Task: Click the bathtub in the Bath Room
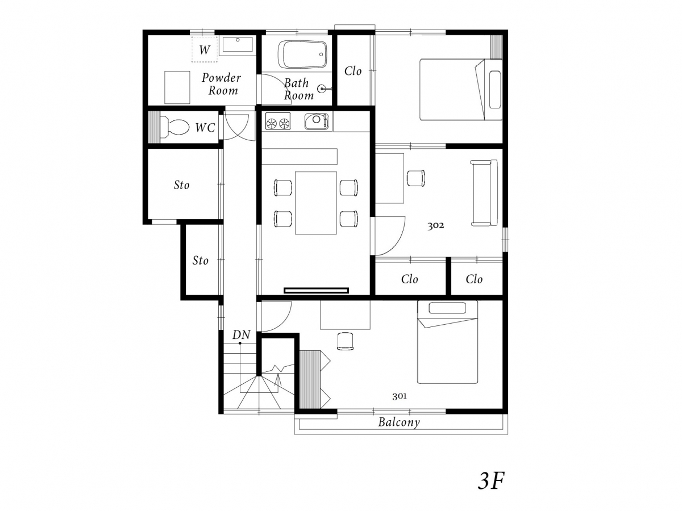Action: pos(302,55)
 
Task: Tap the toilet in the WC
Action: pos(174,127)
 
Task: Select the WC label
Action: pos(205,128)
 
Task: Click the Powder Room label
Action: pos(221,84)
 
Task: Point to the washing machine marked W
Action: pos(204,49)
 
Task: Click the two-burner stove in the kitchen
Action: pos(278,121)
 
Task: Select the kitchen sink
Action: pos(317,121)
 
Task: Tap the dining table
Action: pos(315,203)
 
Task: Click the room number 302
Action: pos(435,225)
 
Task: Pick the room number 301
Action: pos(400,396)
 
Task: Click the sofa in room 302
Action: pos(484,192)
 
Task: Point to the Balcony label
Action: pos(399,422)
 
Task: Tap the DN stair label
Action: pos(241,335)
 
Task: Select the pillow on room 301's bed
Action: pos(447,308)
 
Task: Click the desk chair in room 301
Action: pos(345,341)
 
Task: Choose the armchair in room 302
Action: pos(415,178)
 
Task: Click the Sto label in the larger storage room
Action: pos(181,185)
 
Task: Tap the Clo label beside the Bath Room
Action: pos(353,71)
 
